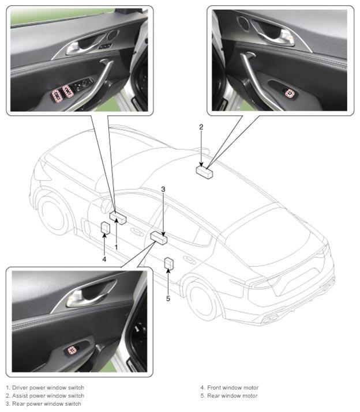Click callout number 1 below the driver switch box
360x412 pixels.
click(117, 247)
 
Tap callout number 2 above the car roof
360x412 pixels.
click(201, 127)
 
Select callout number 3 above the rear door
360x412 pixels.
click(163, 189)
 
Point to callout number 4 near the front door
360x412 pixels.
click(104, 259)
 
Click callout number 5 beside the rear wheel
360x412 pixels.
click(168, 298)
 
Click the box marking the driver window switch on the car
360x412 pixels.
click(118, 218)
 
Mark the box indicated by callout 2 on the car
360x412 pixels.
click(204, 172)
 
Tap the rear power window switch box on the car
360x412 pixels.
click(159, 238)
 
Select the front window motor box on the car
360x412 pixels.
click(106, 228)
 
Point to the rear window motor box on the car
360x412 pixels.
click(169, 263)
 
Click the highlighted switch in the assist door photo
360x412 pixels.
click(290, 92)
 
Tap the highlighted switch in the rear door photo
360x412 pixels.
click(72, 350)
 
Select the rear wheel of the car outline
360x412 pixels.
click(202, 300)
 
